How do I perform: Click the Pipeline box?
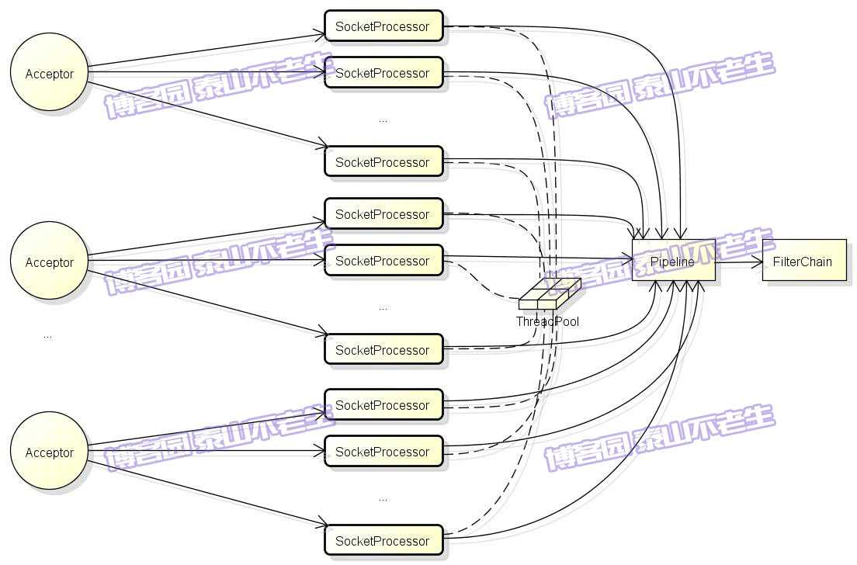tap(673, 260)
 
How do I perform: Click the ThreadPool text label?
tap(547, 321)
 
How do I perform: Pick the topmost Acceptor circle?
tap(49, 74)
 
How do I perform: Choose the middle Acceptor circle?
tap(49, 262)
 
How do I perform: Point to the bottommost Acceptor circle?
tap(49, 452)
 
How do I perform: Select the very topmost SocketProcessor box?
tap(383, 26)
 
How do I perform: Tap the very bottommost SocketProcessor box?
tap(383, 541)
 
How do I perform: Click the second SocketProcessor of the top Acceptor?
tap(383, 73)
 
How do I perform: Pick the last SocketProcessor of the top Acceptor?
tap(383, 162)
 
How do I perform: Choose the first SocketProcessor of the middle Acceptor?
tap(383, 214)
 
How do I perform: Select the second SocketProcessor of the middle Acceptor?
tap(383, 261)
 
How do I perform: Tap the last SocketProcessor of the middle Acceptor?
tap(383, 350)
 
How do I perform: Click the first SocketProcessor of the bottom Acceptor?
tap(383, 405)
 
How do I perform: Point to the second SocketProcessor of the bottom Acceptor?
tap(383, 452)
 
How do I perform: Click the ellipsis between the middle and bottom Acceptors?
tap(48, 335)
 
